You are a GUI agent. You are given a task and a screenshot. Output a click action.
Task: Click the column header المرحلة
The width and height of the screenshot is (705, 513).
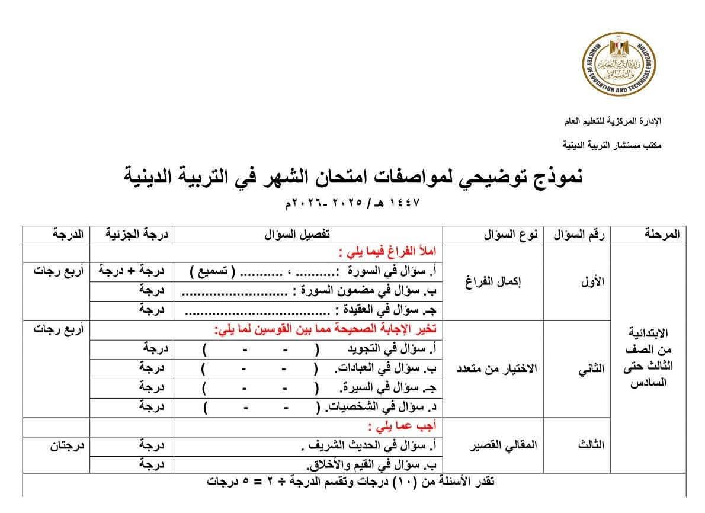(x=661, y=235)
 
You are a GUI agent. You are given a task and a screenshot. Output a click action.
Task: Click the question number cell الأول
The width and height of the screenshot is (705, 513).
(x=590, y=282)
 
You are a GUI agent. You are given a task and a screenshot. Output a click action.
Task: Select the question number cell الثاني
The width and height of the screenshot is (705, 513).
(x=590, y=368)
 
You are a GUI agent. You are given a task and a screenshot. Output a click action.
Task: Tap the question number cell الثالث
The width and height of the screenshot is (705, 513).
(x=590, y=445)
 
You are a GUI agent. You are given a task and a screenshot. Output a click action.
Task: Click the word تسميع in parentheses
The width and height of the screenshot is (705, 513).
(x=212, y=272)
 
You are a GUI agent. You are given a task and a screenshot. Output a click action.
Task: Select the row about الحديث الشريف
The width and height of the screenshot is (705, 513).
(x=367, y=445)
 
